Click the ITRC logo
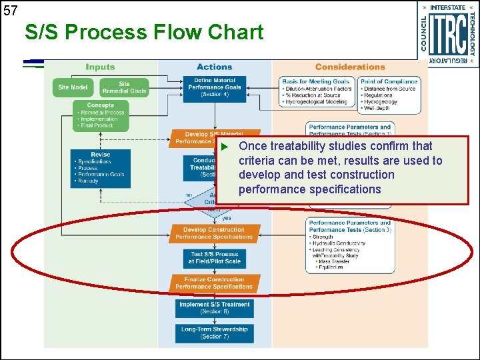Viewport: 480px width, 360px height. tap(447, 34)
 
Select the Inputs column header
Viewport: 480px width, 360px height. tap(100, 67)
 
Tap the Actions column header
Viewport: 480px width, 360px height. tap(214, 67)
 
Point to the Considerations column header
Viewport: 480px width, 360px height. tap(350, 67)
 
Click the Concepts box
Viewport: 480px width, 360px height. tap(100, 115)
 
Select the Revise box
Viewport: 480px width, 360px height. tap(100, 167)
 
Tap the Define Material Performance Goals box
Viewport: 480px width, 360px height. tap(214, 87)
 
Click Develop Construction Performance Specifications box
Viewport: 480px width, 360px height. tap(214, 233)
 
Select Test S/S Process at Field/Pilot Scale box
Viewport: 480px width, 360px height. tap(214, 258)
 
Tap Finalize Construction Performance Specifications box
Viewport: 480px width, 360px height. tap(214, 283)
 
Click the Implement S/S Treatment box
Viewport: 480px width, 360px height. tap(214, 307)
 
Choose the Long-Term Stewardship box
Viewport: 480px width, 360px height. tap(214, 332)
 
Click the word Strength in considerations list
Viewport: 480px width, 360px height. tap(324, 237)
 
